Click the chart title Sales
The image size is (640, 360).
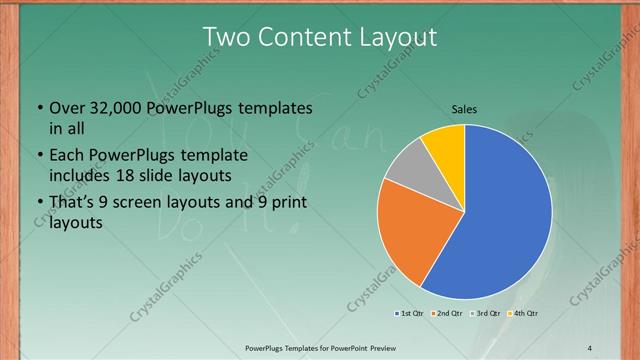coord(465,107)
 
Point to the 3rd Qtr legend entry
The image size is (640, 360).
coord(483,314)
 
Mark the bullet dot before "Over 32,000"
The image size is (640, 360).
coord(39,108)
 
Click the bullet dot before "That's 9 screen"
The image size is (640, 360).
coord(39,204)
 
